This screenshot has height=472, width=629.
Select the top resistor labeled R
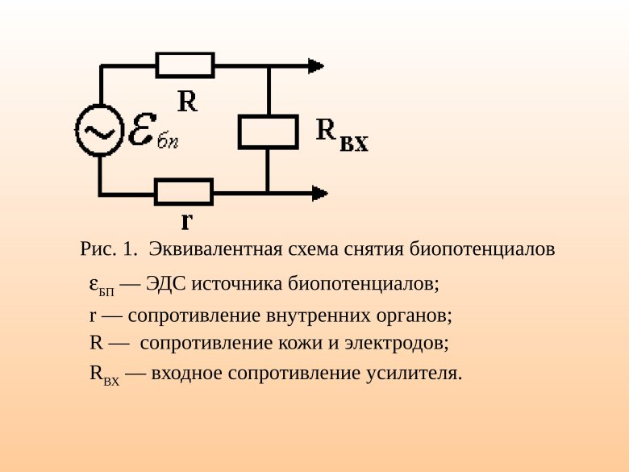[x=185, y=65]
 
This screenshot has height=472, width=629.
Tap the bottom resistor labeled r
[x=184, y=192]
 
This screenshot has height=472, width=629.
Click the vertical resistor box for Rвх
[x=268, y=132]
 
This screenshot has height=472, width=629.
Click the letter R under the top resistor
[x=187, y=101]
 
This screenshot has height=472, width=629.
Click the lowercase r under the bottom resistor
[x=186, y=219]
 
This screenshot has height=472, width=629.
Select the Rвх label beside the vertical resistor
[x=341, y=134]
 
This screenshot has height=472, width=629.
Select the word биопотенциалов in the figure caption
[x=482, y=249]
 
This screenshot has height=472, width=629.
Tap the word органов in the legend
[x=416, y=315]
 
